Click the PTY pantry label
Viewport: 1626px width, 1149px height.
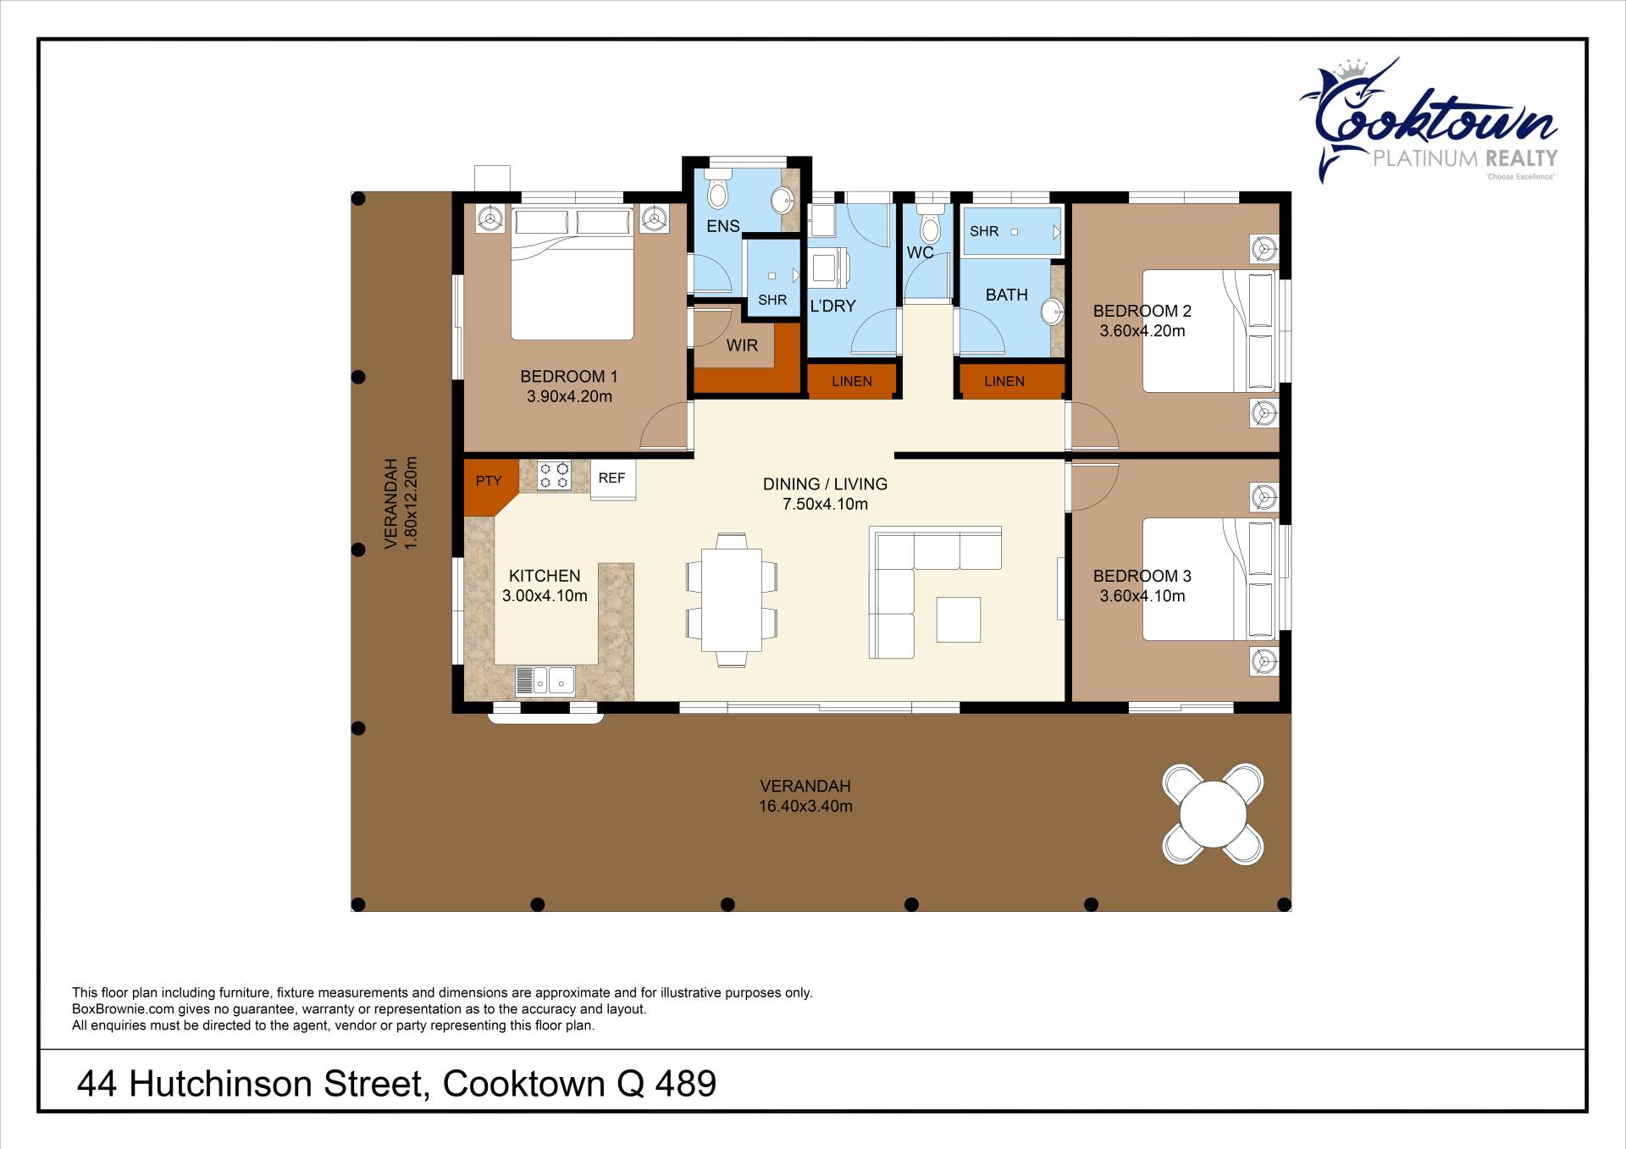(489, 481)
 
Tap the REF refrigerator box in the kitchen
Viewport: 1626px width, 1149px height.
(612, 479)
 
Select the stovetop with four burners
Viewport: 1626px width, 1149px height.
(555, 475)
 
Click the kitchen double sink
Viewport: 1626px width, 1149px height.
(545, 681)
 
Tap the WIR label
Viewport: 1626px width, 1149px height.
(742, 345)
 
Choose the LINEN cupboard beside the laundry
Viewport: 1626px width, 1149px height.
(851, 381)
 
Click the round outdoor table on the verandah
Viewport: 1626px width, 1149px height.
(1213, 814)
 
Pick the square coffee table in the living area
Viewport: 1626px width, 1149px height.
(959, 620)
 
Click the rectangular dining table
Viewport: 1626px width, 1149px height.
(732, 599)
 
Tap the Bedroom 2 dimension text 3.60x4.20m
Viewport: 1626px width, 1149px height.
(1142, 331)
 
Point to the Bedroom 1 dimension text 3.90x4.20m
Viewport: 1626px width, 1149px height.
(569, 396)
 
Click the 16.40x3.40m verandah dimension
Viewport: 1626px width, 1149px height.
(805, 806)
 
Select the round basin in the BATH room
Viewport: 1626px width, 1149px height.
(1053, 312)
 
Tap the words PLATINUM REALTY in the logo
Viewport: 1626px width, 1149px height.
(1465, 158)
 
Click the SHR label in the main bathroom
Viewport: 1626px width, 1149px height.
(984, 231)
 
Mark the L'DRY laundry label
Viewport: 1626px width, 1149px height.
(832, 306)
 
